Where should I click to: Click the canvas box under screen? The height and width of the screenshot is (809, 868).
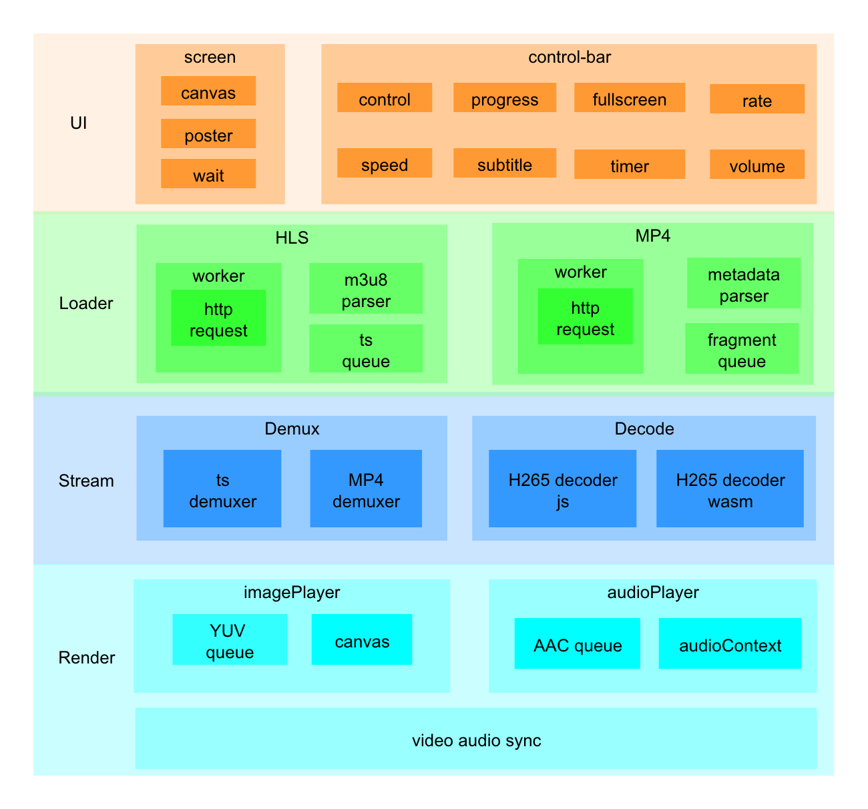click(x=208, y=91)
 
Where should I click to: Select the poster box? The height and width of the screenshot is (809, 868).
click(x=208, y=134)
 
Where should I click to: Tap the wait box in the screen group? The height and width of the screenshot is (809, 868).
click(x=208, y=174)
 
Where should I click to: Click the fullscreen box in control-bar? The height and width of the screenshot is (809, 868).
click(x=630, y=98)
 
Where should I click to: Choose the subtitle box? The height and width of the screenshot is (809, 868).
click(x=505, y=164)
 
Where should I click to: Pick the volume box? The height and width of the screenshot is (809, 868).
click(x=757, y=165)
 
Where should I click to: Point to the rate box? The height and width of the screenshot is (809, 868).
click(x=757, y=99)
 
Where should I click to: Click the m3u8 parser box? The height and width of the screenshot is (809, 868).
click(x=366, y=289)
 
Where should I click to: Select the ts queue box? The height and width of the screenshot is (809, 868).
click(x=366, y=349)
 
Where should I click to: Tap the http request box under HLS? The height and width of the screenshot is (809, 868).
click(x=218, y=318)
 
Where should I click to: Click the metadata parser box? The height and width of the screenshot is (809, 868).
click(x=744, y=284)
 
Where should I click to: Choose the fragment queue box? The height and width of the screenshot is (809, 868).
click(x=742, y=349)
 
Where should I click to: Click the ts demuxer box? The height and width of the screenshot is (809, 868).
click(x=222, y=489)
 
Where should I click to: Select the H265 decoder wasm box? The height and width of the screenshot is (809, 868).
click(x=730, y=489)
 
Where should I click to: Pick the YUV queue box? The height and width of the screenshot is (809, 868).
click(x=230, y=640)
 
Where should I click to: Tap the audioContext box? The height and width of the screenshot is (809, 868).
click(x=730, y=644)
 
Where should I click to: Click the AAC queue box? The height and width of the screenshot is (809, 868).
click(x=578, y=644)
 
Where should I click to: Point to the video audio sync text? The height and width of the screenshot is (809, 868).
click(x=476, y=740)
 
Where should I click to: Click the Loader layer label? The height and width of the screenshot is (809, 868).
click(x=86, y=303)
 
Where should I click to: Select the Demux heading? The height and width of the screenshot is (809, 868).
click(x=292, y=429)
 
